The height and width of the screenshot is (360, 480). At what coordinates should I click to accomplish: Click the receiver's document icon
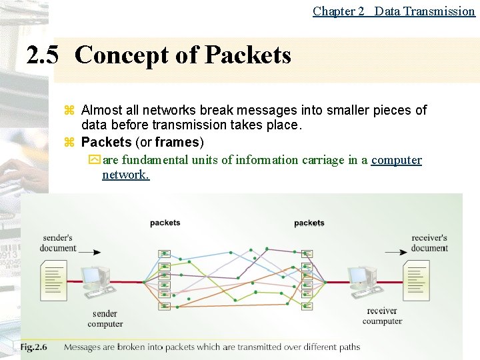pos(417,280)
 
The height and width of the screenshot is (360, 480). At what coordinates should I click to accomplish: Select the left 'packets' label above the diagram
pos(165,223)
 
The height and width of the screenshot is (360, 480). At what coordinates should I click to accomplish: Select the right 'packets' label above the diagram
pos(309,223)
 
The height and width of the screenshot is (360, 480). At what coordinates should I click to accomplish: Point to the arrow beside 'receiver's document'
pos(396,252)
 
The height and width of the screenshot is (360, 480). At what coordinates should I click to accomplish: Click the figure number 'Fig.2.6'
pos(37,347)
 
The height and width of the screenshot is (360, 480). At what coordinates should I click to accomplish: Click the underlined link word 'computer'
pos(397,160)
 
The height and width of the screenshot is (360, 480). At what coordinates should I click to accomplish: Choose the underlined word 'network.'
pos(125,175)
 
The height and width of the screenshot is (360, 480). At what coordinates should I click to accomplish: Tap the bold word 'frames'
pos(177,142)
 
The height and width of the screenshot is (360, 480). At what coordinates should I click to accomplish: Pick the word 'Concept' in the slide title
pos(123,55)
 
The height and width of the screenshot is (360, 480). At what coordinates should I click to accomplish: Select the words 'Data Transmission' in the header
pos(425,11)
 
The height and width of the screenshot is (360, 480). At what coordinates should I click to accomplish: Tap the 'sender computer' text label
pos(105,319)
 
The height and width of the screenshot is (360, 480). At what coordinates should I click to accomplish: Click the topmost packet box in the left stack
pos(164,253)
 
